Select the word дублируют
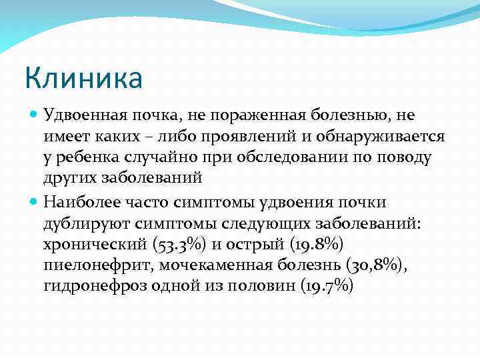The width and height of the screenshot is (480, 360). (84, 223)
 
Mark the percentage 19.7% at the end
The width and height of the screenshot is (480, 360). (327, 287)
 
